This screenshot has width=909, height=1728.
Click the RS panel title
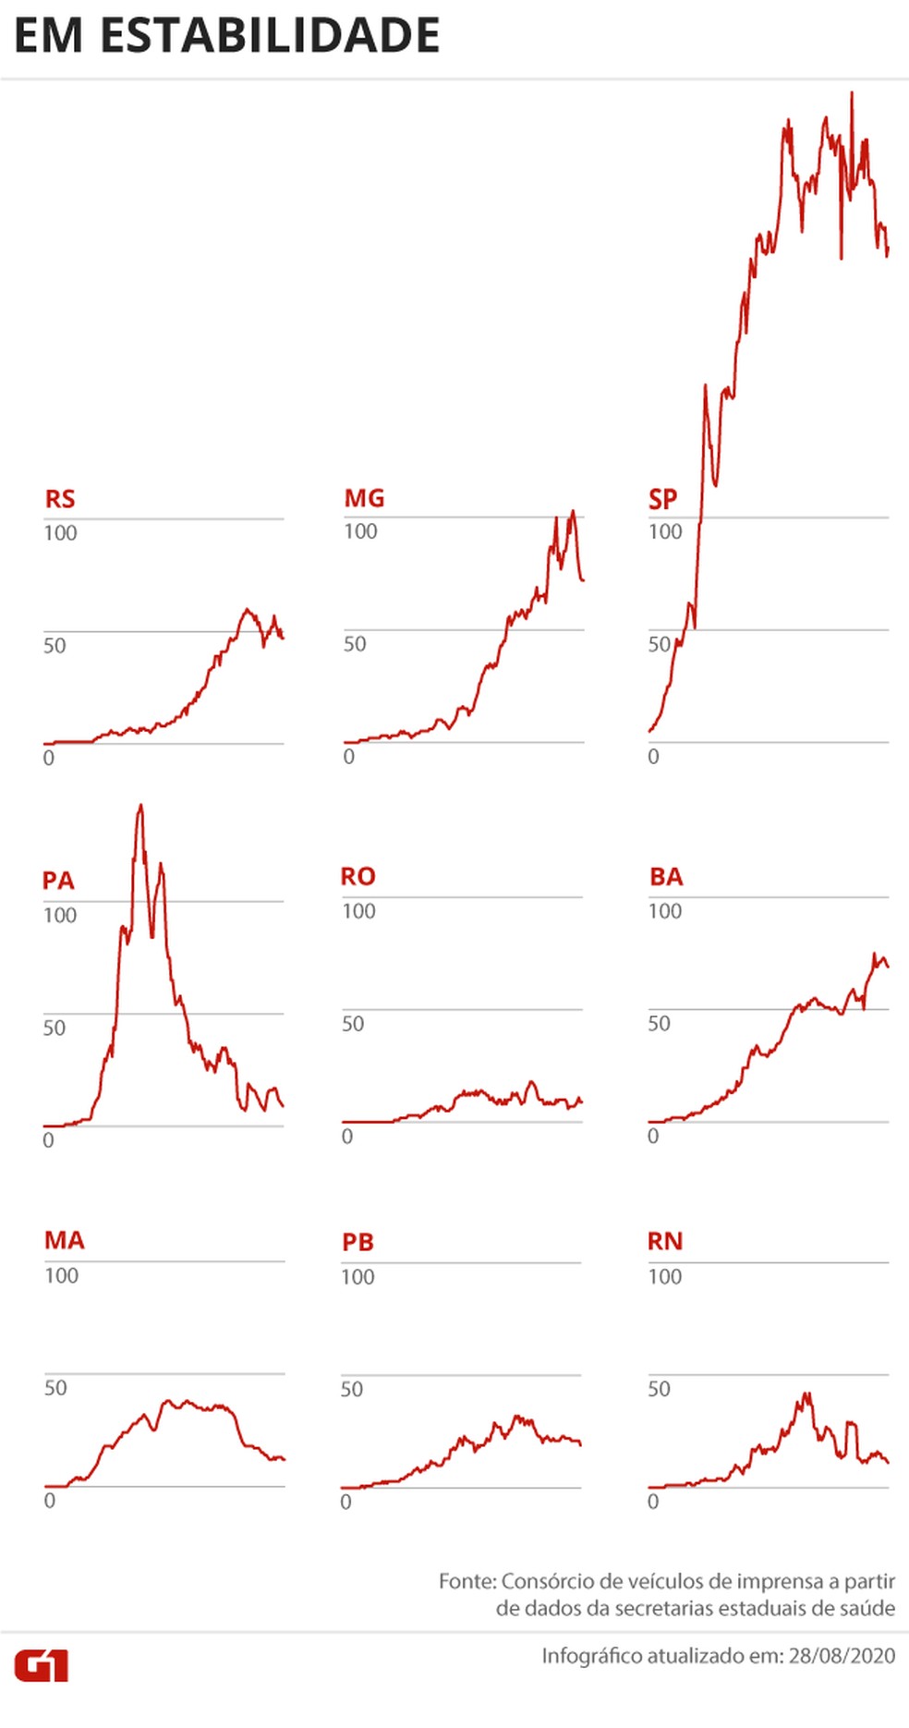click(x=60, y=499)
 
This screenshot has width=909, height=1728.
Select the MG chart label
click(x=364, y=498)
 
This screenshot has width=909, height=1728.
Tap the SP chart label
click(x=662, y=499)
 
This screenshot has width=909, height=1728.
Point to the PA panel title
click(x=58, y=881)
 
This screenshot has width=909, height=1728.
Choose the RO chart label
click(x=358, y=876)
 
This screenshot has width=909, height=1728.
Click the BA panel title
click(x=666, y=876)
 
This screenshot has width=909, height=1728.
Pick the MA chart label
click(x=64, y=1240)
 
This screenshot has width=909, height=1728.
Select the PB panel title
click(x=358, y=1242)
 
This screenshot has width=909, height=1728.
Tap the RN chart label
click(x=665, y=1241)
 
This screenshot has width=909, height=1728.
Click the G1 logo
click(x=42, y=1666)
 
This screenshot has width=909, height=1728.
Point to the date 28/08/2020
click(x=842, y=1655)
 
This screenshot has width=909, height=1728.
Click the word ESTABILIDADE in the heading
click(x=270, y=36)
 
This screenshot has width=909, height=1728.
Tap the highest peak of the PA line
click(x=140, y=806)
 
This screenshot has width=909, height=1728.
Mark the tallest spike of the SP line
click(x=852, y=93)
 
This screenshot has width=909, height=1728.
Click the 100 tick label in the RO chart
click(x=358, y=911)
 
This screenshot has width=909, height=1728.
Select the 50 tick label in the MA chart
click(x=55, y=1387)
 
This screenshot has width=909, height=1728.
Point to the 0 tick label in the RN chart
click(x=653, y=1502)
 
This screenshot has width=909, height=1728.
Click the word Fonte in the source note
click(x=467, y=1581)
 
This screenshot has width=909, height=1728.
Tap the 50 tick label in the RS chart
click(x=55, y=645)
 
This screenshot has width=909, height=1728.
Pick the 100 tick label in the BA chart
click(x=665, y=911)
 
